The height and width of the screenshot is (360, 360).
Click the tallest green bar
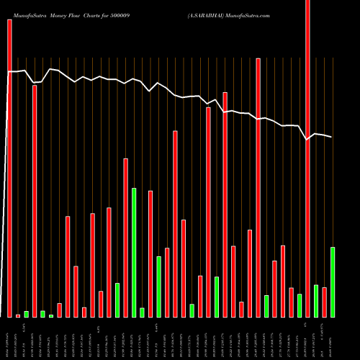[x=134, y=252]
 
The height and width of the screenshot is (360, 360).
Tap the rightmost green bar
[x=333, y=282]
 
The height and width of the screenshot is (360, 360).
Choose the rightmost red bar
[x=324, y=302]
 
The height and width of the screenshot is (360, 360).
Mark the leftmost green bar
[x=26, y=314]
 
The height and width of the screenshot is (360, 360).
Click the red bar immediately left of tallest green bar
[x=125, y=238]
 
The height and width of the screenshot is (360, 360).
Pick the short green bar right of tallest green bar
[x=142, y=312]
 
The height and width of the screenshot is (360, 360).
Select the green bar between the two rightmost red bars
[x=316, y=301]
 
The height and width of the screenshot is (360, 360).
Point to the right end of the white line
[x=332, y=137]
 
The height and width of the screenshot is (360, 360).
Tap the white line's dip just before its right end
[x=307, y=140]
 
